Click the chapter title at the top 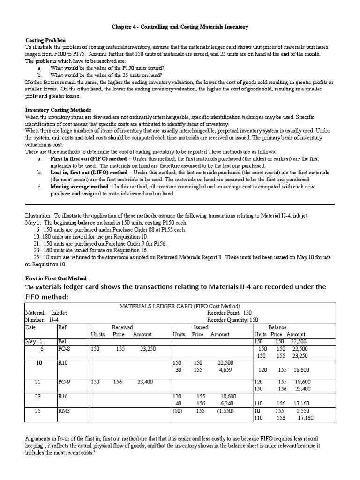coord(180,27)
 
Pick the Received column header coord(122,327)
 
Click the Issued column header coord(201,327)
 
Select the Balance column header coord(277,327)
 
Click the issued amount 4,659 coord(224,370)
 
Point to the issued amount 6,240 coord(224,403)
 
